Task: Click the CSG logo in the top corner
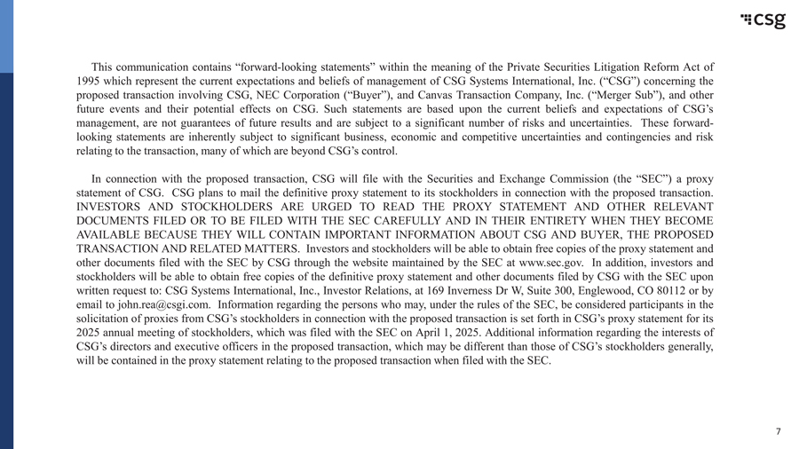click(763, 20)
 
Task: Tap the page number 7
click(778, 432)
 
